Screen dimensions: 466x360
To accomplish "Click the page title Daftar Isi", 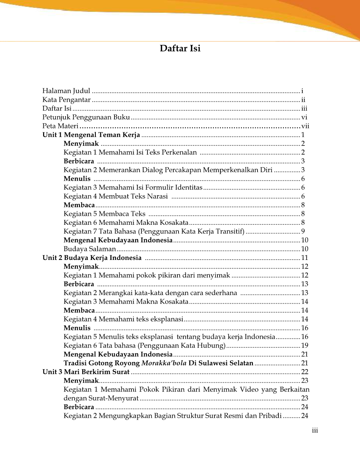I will click(180, 49).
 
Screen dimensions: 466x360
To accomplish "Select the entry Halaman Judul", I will click(66, 91).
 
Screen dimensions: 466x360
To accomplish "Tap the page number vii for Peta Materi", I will click(305, 126).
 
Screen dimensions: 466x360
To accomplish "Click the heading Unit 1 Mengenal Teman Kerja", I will click(91, 135).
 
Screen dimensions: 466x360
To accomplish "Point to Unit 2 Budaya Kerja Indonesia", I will click(92, 258).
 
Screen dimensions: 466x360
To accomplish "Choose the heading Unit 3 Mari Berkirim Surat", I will click(86, 372).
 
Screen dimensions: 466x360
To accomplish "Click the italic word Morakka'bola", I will click(164, 363).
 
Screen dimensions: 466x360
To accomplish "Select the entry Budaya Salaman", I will click(90, 249).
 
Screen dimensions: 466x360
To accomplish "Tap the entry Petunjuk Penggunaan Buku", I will click(86, 117).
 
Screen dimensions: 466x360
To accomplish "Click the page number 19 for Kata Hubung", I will click(305, 346).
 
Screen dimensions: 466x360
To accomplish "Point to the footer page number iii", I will click(315, 430).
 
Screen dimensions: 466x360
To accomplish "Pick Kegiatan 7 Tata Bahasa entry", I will click(154, 232).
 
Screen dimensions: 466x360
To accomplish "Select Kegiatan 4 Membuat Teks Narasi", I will click(116, 196).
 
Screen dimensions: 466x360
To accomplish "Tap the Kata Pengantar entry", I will click(66, 100).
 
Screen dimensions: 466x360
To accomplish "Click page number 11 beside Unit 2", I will click(305, 258).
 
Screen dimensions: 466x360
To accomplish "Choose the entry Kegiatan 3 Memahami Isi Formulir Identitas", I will click(133, 188).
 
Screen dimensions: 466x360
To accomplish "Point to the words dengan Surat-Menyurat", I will click(101, 398).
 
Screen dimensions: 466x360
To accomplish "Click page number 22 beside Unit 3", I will click(305, 372).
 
